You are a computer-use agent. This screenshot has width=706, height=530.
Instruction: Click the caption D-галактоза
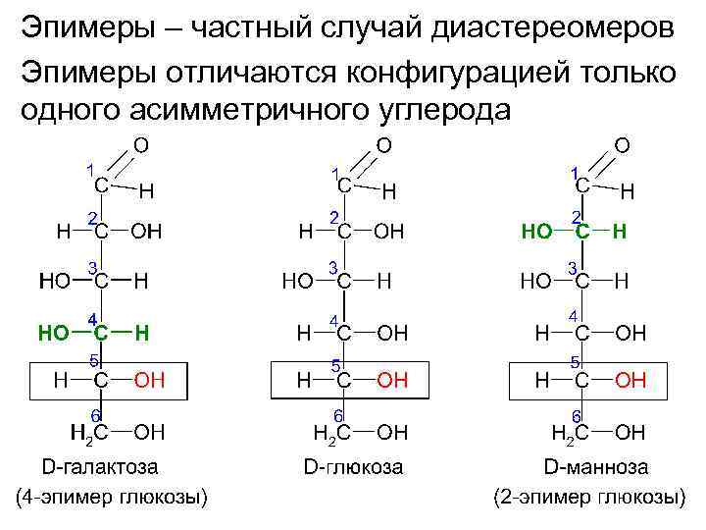[100, 466]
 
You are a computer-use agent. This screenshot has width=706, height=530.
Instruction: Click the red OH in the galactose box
[149, 380]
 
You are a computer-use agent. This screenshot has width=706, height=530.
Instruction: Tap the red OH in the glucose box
[391, 380]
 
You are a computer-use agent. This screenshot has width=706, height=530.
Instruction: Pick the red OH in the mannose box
[630, 380]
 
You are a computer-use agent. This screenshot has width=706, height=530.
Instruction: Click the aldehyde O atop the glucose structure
[384, 145]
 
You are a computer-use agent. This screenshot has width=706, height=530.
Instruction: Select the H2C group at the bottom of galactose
[88, 431]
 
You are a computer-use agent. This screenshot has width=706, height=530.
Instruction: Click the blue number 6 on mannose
[577, 416]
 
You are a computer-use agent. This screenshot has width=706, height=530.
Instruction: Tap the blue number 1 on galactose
[89, 170]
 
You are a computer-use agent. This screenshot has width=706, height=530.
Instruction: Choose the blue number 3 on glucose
[333, 267]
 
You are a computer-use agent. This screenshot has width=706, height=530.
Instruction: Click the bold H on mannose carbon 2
[619, 233]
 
